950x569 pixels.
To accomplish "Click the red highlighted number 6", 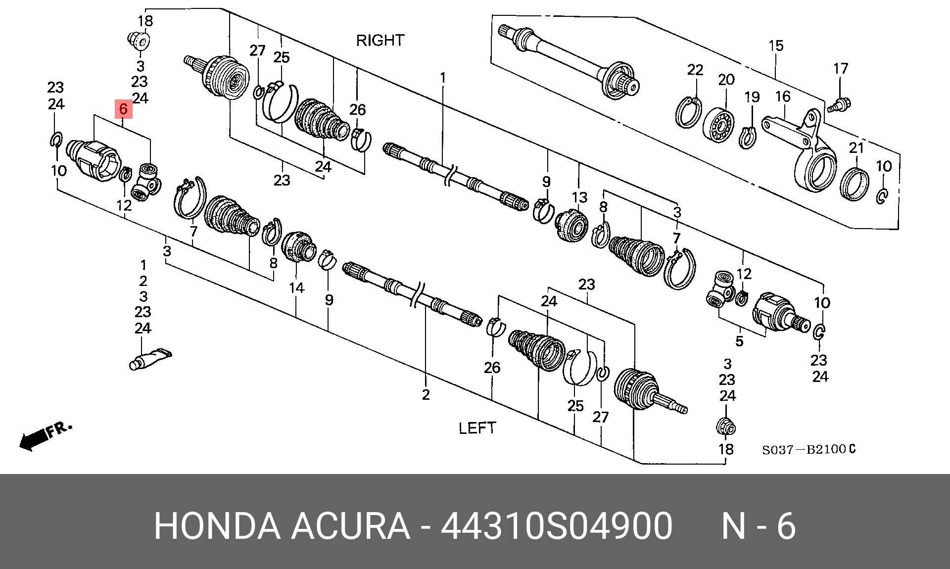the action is click(123, 109).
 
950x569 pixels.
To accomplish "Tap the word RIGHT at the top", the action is click(380, 40).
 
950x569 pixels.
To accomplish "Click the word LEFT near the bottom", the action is click(477, 428).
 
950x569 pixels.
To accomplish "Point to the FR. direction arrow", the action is click(45, 435).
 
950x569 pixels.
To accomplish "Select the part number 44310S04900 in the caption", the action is click(556, 526).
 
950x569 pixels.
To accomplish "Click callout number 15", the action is click(776, 46).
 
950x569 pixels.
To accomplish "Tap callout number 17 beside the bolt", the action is click(841, 68).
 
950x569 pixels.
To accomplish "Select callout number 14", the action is click(296, 287).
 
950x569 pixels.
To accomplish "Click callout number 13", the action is click(579, 197).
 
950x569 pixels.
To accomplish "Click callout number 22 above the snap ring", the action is click(695, 70).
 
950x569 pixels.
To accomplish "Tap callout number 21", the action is click(856, 147).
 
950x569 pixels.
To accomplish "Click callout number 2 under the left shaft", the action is click(426, 394).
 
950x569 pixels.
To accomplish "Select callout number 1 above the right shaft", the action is click(443, 78).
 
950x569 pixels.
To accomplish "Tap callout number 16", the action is click(783, 96).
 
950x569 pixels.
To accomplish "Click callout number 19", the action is click(752, 96).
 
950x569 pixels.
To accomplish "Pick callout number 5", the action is click(739, 341).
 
